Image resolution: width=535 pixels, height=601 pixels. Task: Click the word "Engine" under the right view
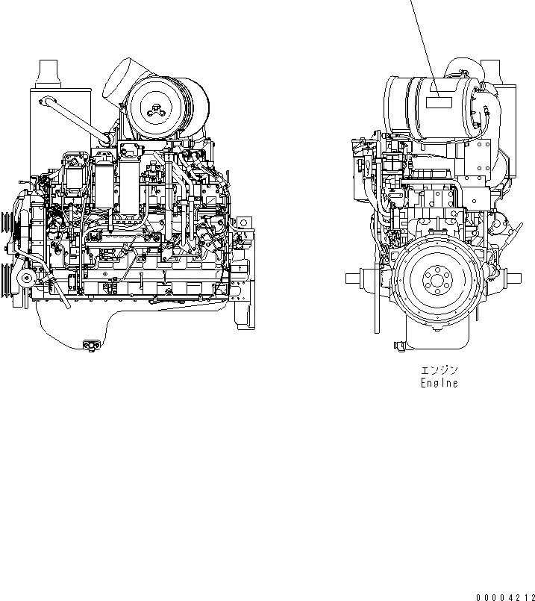[439, 383]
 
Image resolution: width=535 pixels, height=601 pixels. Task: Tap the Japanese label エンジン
[439, 370]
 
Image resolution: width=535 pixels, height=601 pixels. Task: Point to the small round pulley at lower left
[28, 278]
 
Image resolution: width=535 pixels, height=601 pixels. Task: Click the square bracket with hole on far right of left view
[243, 222]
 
